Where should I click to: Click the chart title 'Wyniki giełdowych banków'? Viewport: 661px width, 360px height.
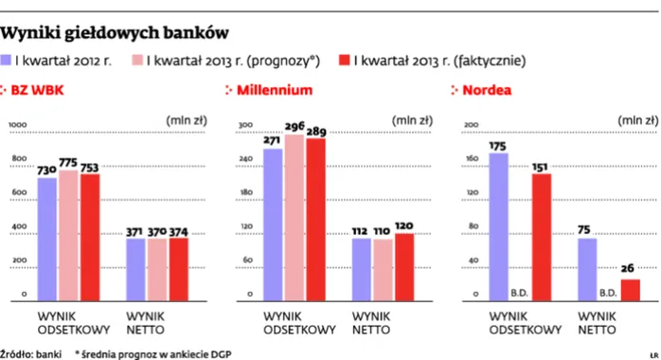click(115, 32)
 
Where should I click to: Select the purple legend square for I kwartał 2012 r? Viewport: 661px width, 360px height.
click(7, 61)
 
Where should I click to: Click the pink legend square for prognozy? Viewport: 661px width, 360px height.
click(137, 61)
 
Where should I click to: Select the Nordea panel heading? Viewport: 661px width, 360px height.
click(486, 91)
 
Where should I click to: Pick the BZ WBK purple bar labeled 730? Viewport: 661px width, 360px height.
click(45, 238)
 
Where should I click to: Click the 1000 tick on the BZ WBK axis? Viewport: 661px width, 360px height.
click(19, 124)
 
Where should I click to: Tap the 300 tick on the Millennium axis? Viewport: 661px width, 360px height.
click(244, 124)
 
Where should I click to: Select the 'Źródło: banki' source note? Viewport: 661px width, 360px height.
click(31, 352)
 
